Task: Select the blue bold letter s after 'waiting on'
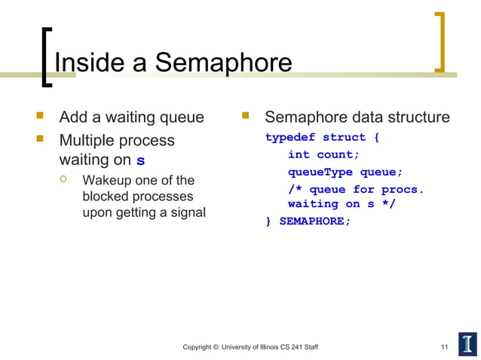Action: (x=140, y=161)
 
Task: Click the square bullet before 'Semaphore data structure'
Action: (x=244, y=117)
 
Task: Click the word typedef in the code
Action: (x=290, y=137)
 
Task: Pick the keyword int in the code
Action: (x=299, y=154)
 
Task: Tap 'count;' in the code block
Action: (x=338, y=154)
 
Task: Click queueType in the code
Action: (x=320, y=172)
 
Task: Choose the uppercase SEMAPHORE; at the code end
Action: (x=315, y=221)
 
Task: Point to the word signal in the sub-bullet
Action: (x=186, y=212)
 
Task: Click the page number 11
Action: (x=444, y=347)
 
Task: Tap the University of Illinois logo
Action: (x=467, y=343)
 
